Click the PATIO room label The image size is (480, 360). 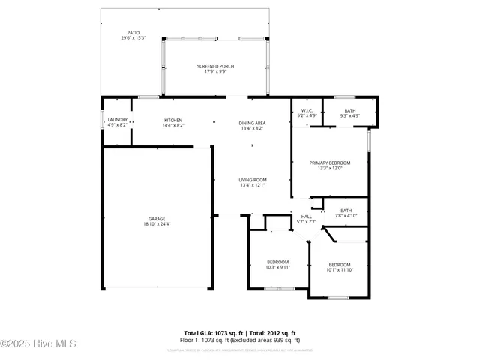(x=133, y=33)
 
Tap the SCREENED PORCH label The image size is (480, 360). (x=215, y=66)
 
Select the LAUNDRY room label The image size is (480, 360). (x=117, y=120)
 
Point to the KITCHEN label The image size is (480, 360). (x=173, y=120)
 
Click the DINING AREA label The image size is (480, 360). (x=252, y=123)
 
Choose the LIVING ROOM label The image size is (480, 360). (x=253, y=180)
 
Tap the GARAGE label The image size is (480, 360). (x=157, y=219)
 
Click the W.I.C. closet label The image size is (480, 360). (x=307, y=111)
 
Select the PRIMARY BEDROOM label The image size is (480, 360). (x=330, y=163)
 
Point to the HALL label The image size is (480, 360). (x=307, y=217)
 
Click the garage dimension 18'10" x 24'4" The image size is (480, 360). (x=157, y=224)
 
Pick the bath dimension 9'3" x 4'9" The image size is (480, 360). (x=350, y=116)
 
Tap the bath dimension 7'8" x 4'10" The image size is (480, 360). (x=346, y=216)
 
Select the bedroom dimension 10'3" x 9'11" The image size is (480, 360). (x=277, y=267)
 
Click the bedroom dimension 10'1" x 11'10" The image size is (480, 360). (x=340, y=269)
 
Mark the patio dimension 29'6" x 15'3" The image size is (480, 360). (x=133, y=38)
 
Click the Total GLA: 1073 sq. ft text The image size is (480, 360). (x=212, y=333)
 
